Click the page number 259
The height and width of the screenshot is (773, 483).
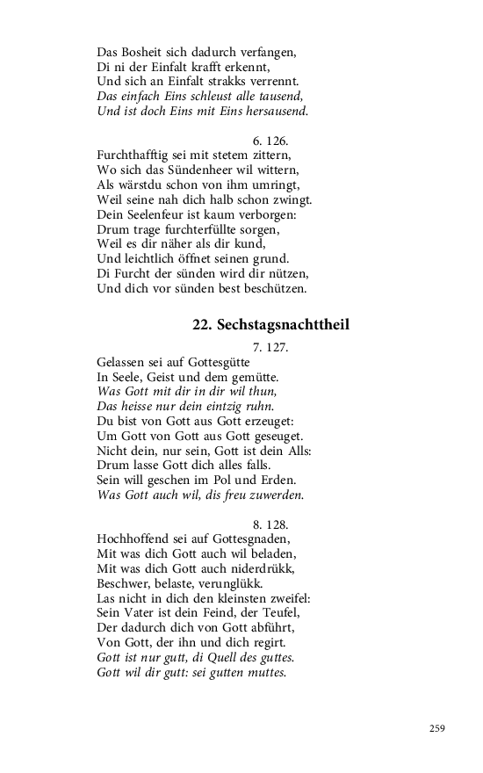[x=436, y=727]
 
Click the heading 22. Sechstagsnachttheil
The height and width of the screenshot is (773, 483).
[x=270, y=325]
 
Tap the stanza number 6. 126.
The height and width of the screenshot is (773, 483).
[x=270, y=140]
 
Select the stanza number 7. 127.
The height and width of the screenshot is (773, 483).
[x=270, y=347]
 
